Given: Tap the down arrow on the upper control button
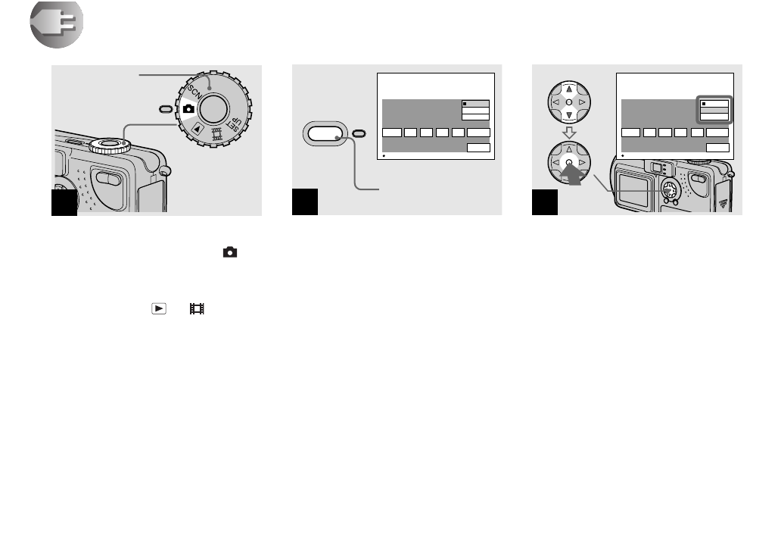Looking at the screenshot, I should [568, 115].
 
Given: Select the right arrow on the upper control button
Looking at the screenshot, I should [583, 101].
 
